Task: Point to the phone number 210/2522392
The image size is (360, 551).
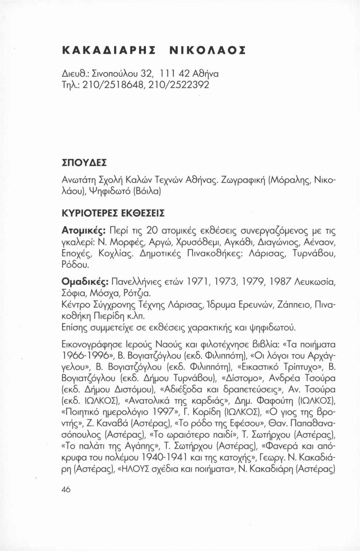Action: [x=181, y=85]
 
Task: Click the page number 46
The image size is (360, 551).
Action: [x=66, y=489]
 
